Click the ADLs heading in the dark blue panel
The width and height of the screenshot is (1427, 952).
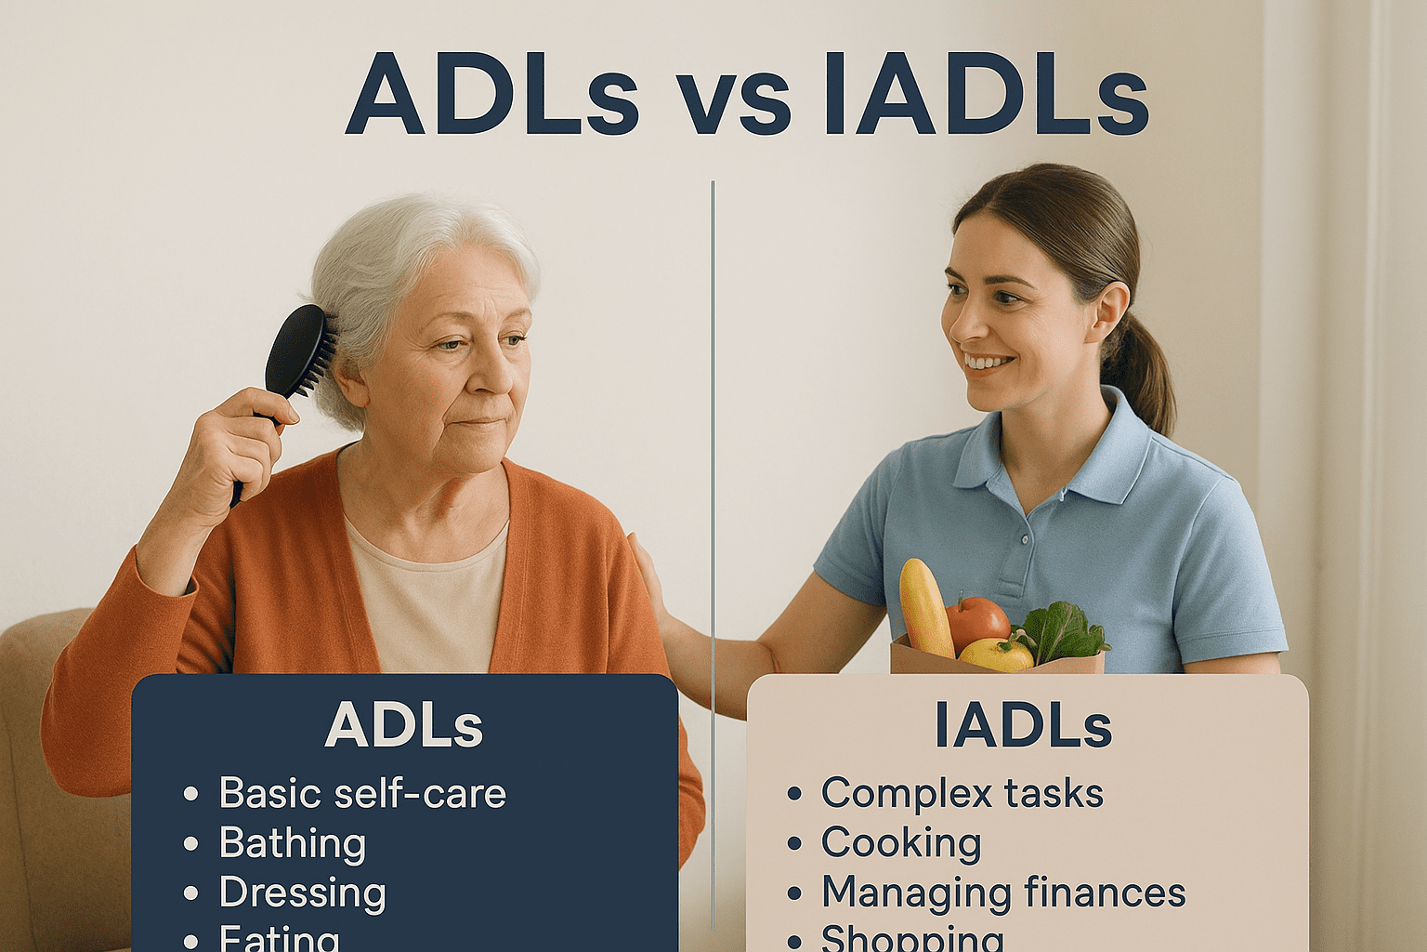[x=404, y=725]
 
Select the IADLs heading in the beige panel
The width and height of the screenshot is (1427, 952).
[x=1023, y=725]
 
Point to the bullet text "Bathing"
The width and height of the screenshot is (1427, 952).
[x=293, y=843]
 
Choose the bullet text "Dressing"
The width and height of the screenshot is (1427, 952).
[x=303, y=892]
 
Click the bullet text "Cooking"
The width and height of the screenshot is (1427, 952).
[x=901, y=843]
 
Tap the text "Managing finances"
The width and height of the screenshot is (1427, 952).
[x=1003, y=892]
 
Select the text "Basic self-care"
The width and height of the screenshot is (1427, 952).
[x=362, y=794]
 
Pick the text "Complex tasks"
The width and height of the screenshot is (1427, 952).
[x=962, y=794]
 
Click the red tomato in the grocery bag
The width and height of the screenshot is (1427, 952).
[x=977, y=620]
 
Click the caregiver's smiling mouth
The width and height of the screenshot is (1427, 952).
[x=987, y=363]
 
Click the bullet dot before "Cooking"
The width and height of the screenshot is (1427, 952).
[x=794, y=844]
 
